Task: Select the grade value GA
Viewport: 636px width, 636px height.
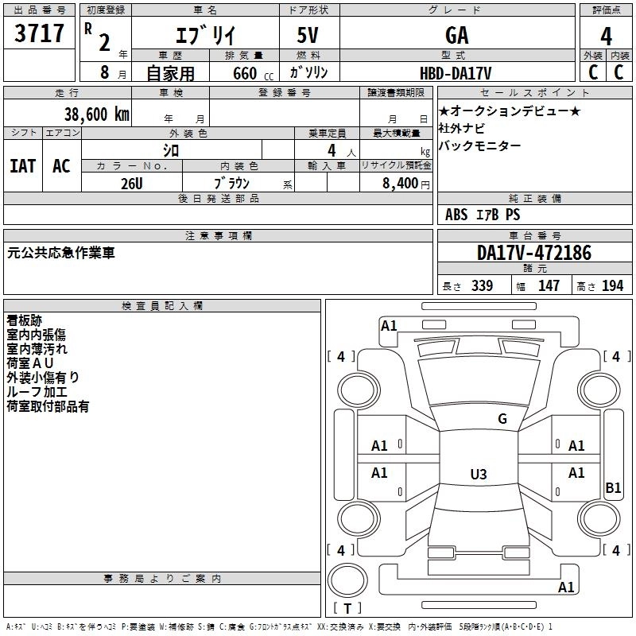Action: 456,35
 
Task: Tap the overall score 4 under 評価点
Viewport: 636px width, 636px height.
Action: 606,37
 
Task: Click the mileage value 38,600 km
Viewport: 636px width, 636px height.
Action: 96,114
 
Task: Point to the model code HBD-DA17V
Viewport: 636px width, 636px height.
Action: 456,73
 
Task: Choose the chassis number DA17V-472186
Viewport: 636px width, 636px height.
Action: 533,253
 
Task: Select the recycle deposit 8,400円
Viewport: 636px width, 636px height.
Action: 406,183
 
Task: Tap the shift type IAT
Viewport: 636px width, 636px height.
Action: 23,165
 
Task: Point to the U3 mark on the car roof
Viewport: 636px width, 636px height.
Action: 478,475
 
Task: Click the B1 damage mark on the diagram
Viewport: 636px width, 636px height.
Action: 613,488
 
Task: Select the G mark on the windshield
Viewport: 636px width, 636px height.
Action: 502,419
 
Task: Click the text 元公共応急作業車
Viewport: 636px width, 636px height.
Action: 61,253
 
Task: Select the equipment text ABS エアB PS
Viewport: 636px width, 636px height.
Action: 483,215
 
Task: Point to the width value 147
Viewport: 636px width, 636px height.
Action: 549,285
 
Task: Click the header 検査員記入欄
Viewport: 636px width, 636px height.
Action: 162,306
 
